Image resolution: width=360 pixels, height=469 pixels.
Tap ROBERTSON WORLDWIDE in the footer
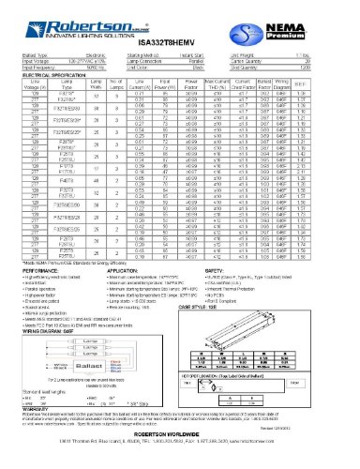(x=179, y=439)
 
